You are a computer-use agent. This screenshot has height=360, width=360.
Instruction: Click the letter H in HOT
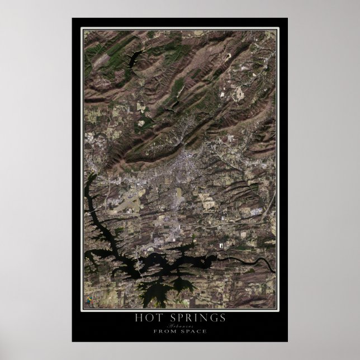point(138,318)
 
